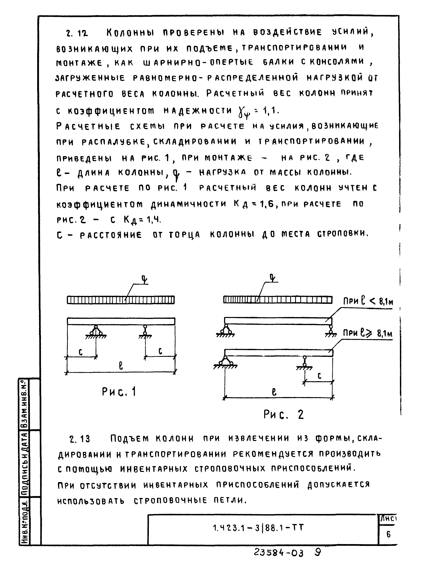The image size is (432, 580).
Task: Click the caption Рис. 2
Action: tap(283, 415)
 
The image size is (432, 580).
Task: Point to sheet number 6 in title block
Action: tap(388, 534)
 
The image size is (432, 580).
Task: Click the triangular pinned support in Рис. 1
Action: tap(96, 331)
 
